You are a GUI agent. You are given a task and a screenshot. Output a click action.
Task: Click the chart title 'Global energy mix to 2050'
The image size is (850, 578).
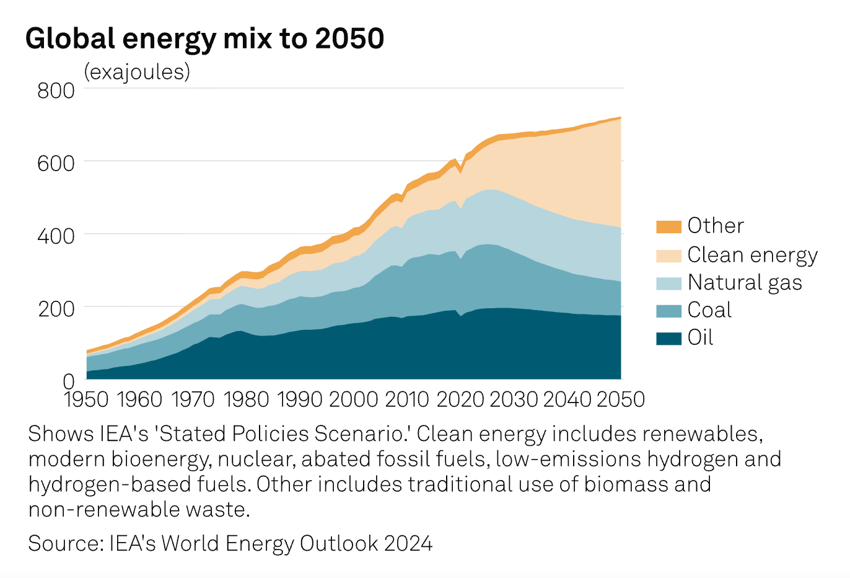tap(204, 38)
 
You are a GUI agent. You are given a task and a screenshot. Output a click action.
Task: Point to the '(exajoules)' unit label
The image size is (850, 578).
tap(137, 72)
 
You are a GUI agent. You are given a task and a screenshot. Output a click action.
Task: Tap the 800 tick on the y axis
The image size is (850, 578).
tap(56, 91)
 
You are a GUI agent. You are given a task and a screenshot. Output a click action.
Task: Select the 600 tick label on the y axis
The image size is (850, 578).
tap(56, 163)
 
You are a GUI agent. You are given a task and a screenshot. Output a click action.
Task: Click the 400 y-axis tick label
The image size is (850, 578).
tap(56, 236)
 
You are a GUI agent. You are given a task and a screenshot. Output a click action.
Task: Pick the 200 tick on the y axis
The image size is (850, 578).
tap(56, 308)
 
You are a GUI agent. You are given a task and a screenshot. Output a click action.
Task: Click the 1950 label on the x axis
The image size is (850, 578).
tap(87, 399)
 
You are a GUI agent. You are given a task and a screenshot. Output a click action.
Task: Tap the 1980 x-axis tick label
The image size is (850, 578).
tap(246, 399)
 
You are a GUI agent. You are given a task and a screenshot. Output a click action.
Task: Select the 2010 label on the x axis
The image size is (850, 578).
tap(406, 399)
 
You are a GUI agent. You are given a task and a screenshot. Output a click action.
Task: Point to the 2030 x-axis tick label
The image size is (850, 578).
tap(514, 399)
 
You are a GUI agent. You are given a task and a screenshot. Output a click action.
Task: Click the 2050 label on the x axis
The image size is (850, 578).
tap(621, 399)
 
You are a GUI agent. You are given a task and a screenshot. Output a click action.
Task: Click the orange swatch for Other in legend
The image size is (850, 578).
tap(668, 226)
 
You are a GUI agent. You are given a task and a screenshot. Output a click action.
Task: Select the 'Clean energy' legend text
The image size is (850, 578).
tap(752, 255)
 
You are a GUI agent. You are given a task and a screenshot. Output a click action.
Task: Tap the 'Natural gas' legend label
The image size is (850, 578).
tap(745, 283)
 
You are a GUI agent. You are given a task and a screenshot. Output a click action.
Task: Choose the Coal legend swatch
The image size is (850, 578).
tap(668, 311)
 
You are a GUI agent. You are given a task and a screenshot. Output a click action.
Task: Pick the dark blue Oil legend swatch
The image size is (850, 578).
tap(668, 339)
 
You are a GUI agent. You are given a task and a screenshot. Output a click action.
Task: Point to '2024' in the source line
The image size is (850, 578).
tap(408, 543)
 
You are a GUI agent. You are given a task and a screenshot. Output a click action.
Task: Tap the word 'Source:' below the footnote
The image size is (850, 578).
tap(66, 543)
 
